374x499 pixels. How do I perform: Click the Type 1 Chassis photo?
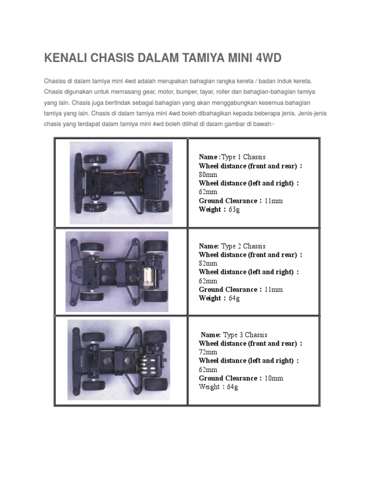pos(121,183)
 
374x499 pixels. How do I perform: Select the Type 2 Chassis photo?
pos(117,271)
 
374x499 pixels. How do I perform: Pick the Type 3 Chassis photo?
pos(119,360)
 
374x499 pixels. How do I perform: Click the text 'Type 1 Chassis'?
pos(243,157)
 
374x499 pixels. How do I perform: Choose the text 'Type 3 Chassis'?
pos(245,335)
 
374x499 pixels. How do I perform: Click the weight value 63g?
pos(234,210)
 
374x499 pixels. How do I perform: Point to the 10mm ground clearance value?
pos(274,378)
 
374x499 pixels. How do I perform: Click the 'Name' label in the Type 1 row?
pos(208,157)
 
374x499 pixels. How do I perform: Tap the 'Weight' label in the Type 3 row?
pos(209,387)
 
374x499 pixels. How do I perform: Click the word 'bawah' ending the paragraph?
pos(265,125)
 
